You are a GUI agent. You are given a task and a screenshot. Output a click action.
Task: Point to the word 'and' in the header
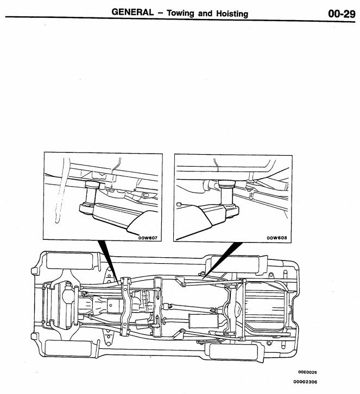205,13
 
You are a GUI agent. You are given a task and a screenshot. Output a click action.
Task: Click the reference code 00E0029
308,372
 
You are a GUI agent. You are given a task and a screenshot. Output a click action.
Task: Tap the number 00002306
306,384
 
